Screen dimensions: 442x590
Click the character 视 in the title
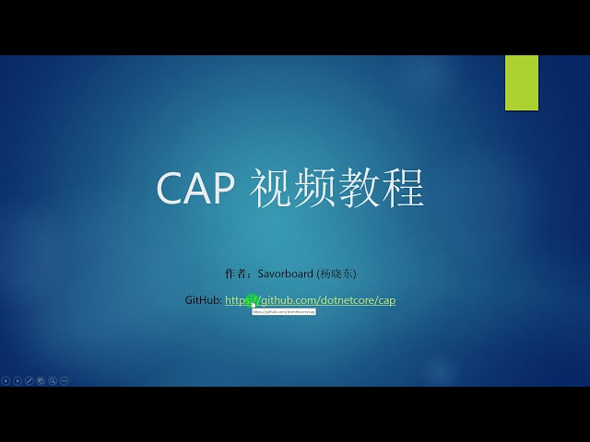click(271, 187)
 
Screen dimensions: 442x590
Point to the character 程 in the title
click(404, 187)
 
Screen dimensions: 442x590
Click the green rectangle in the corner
click(521, 83)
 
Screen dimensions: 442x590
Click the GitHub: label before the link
click(203, 300)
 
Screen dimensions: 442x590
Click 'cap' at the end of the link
click(386, 300)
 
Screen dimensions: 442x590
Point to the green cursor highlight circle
click(252, 300)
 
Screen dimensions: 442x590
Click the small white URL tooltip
click(284, 312)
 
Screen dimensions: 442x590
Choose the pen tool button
click(29, 380)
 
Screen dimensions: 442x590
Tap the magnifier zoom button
click(53, 380)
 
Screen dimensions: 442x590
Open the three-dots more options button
click(65, 380)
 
